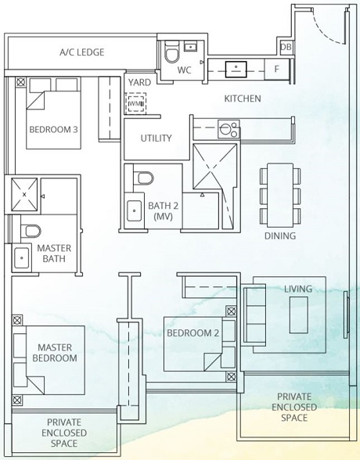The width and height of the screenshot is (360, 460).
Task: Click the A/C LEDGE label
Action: (x=81, y=52)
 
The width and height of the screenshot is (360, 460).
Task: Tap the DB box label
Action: (x=286, y=48)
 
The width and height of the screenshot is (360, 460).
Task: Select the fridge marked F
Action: (x=275, y=69)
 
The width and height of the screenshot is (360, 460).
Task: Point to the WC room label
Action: (x=185, y=70)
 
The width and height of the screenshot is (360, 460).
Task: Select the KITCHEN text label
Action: (x=243, y=99)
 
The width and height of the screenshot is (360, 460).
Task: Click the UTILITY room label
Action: (x=157, y=138)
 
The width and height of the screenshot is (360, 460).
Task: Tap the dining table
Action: (x=279, y=193)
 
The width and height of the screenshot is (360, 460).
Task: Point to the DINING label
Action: (x=279, y=235)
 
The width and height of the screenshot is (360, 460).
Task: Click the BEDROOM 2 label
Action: (x=193, y=333)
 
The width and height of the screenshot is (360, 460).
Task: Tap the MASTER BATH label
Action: (x=54, y=253)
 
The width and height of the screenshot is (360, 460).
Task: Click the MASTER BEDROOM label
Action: (x=54, y=352)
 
